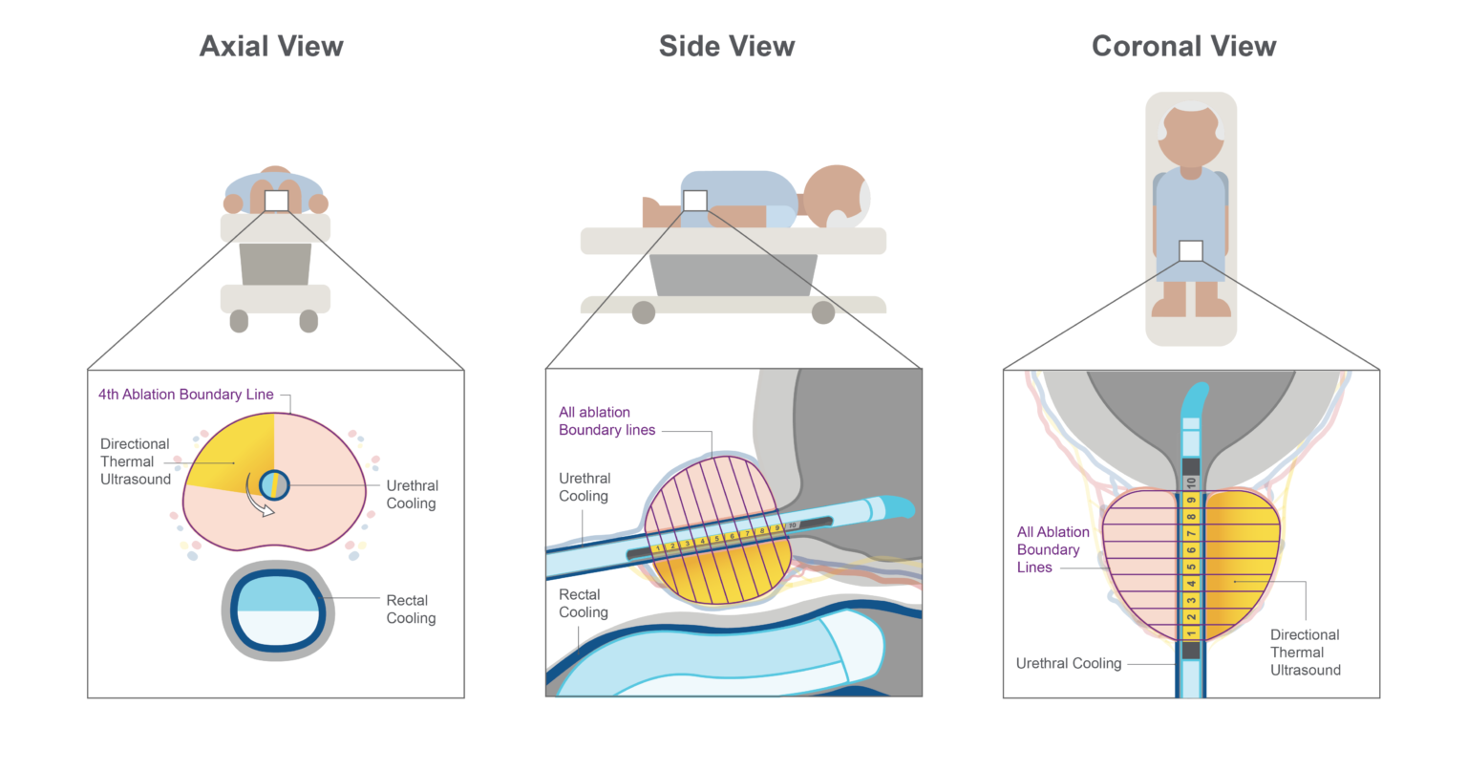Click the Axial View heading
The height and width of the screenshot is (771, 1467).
(x=271, y=47)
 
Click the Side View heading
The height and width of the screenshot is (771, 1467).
(x=727, y=47)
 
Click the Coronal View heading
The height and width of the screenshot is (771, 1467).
(x=1184, y=47)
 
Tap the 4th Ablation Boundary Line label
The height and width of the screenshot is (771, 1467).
(x=186, y=395)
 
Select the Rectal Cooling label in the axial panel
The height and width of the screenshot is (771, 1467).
(x=411, y=610)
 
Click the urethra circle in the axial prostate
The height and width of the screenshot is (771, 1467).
(x=274, y=485)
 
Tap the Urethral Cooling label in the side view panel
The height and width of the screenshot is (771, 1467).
(x=585, y=487)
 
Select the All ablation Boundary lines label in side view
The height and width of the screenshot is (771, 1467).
(x=606, y=421)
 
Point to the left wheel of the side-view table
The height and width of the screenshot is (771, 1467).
(x=644, y=312)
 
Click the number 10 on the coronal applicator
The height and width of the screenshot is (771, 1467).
(x=1191, y=483)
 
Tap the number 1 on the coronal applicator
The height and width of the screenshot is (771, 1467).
(x=1191, y=632)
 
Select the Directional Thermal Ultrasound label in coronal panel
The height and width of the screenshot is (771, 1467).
(x=1306, y=653)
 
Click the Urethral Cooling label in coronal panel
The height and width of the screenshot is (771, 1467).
(x=1069, y=664)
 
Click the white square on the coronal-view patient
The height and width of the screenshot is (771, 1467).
(x=1191, y=250)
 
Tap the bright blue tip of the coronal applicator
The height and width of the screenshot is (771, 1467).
(x=1195, y=399)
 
